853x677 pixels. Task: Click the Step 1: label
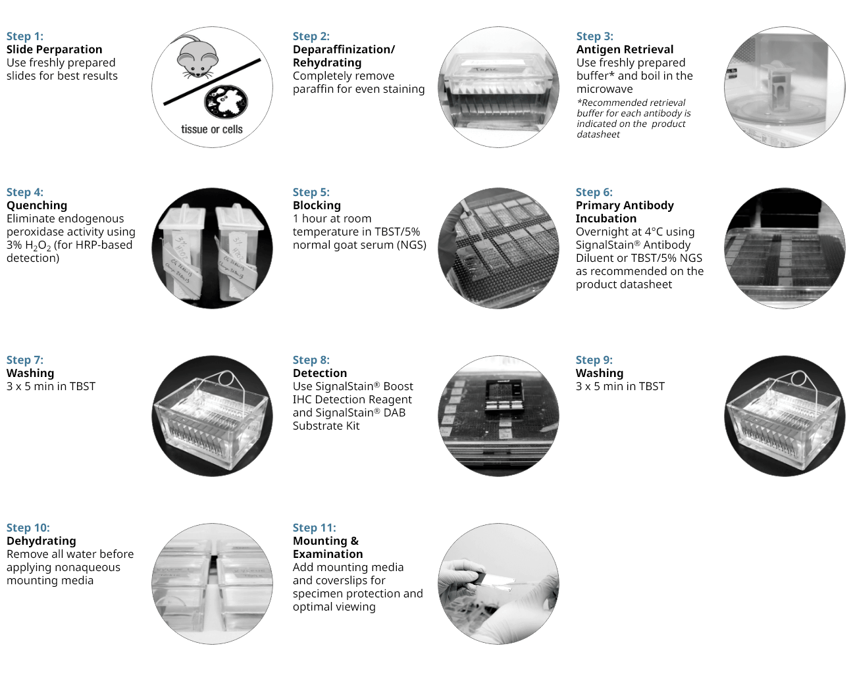tap(25, 37)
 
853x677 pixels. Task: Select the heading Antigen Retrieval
tap(625, 49)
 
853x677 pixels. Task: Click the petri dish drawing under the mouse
tap(226, 101)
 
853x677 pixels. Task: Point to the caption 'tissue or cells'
tap(212, 130)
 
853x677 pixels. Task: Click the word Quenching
tap(37, 205)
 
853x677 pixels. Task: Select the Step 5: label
tap(311, 192)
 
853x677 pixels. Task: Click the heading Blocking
tap(317, 205)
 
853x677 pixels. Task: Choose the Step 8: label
tap(311, 360)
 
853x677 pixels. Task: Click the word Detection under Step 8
tap(320, 373)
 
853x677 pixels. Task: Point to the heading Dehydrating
tap(41, 541)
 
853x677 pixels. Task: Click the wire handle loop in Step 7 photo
tap(226, 378)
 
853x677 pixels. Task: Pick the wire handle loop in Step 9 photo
tap(798, 378)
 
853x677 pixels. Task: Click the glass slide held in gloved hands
tap(496, 580)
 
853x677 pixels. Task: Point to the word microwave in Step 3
tap(604, 89)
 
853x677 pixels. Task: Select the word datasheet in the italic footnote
tap(598, 134)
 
